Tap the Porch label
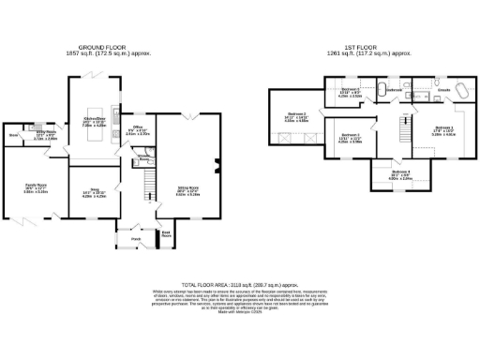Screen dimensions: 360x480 point(135,238)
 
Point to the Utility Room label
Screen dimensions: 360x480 point(46,133)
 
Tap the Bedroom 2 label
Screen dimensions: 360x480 point(296,116)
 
